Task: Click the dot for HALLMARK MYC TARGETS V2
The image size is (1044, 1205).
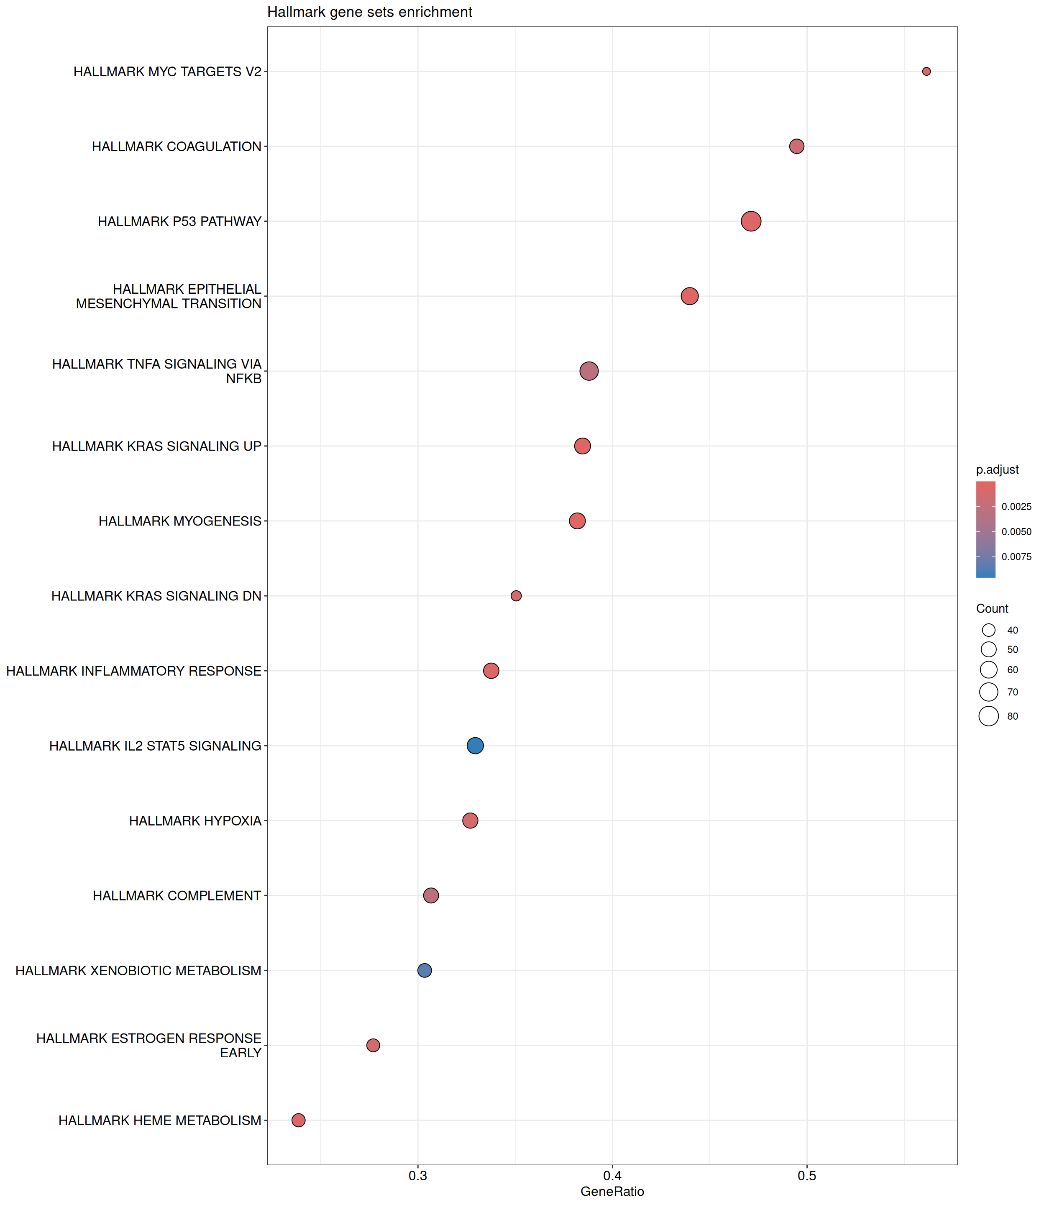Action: tap(926, 72)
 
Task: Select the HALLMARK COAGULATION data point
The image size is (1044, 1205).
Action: tap(796, 146)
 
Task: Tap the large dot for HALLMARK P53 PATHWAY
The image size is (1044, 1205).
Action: tap(751, 221)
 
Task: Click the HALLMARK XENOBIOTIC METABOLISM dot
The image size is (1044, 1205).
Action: tap(425, 970)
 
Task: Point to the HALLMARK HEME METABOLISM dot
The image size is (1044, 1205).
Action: tap(298, 1120)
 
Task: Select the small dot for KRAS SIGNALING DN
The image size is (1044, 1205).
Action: tap(516, 595)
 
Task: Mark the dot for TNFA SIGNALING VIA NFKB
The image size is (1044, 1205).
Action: tap(589, 371)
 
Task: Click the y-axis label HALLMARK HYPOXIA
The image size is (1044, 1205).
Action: tap(195, 821)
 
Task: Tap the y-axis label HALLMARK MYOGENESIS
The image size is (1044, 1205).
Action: tap(180, 521)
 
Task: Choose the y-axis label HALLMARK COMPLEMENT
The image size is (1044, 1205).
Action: tap(177, 896)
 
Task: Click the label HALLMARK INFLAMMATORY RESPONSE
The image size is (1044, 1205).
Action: tap(134, 671)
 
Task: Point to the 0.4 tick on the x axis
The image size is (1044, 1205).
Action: tap(612, 1175)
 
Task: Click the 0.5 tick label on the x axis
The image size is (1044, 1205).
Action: tap(807, 1175)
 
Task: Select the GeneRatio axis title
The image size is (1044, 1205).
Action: tap(612, 1192)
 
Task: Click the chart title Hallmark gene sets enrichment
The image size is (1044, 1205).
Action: tap(369, 12)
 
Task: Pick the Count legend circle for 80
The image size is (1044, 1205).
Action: tap(989, 716)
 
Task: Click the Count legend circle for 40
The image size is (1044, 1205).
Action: tap(989, 630)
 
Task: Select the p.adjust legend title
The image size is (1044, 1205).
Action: tap(998, 469)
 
